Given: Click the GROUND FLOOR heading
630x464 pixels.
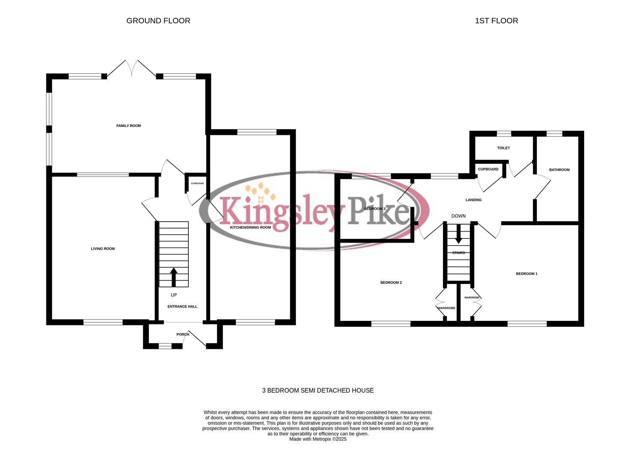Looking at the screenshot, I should point(158,21).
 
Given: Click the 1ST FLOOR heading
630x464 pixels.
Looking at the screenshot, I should point(496,21).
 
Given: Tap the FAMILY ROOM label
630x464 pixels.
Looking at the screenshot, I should point(129,126).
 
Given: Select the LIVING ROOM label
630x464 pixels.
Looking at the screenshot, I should point(103,249).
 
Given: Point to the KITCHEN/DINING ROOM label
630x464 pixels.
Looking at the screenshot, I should point(250,227).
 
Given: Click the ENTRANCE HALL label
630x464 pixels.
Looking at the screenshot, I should point(182,306).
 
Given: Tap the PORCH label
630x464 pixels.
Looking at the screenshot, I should point(183,334).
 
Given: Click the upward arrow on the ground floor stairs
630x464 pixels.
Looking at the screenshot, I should point(174,277).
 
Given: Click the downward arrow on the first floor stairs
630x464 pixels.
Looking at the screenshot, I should point(458,234).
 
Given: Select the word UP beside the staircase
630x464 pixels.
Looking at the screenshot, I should point(174,295).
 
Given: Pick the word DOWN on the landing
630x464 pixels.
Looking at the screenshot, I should point(458,216).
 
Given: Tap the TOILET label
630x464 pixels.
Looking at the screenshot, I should point(503,148).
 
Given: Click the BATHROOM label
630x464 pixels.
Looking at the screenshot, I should point(559,170).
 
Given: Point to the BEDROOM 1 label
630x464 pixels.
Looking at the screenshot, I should point(527,274).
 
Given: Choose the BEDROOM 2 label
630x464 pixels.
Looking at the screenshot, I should point(391,283).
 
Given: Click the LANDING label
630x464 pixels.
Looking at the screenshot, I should point(473,200).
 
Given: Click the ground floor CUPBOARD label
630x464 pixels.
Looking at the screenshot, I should point(197,183).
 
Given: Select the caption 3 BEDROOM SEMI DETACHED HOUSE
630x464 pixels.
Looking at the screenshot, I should point(318,391).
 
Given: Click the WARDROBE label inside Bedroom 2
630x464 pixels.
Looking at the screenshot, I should point(446,308).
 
